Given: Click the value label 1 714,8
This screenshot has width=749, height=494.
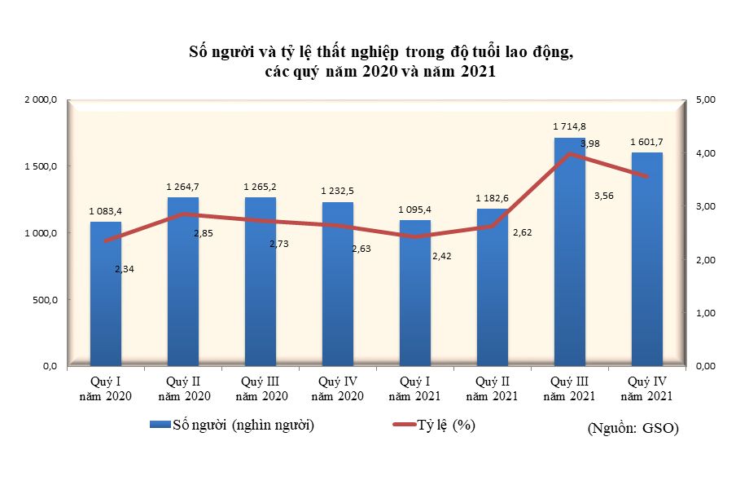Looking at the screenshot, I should coord(569,126).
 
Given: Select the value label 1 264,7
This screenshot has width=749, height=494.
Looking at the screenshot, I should coord(182,187).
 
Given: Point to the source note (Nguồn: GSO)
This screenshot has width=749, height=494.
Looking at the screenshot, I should coord(633,427).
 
